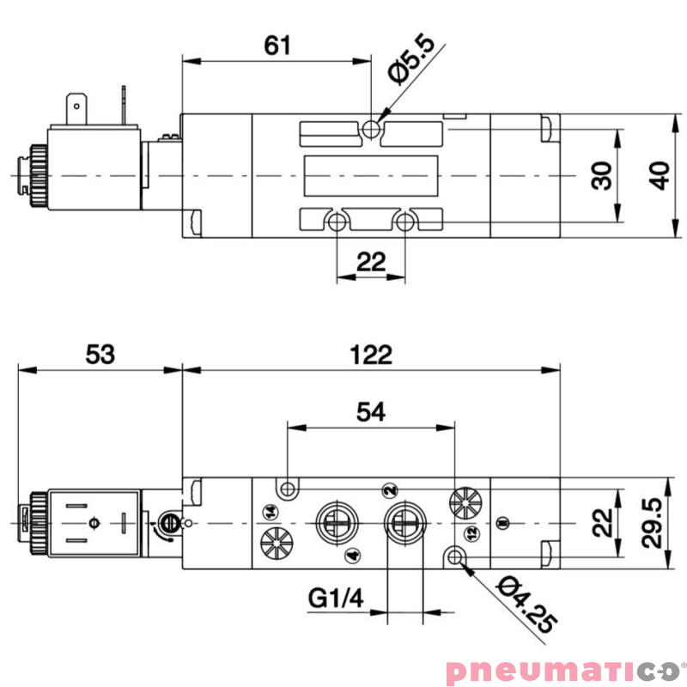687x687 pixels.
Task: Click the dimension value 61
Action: click(x=277, y=45)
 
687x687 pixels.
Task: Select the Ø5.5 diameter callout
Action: click(x=414, y=59)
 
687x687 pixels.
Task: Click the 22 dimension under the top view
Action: click(x=371, y=262)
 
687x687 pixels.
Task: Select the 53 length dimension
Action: click(x=100, y=354)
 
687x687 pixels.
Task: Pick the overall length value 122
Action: click(x=371, y=354)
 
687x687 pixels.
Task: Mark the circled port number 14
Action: click(x=271, y=513)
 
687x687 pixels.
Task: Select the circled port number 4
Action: click(x=350, y=556)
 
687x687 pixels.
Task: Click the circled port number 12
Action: click(x=470, y=533)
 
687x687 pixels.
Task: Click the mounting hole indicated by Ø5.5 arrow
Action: click(x=371, y=129)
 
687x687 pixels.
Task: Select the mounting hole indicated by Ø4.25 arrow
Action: click(x=455, y=559)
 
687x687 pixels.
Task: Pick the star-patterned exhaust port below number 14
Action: click(x=274, y=544)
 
